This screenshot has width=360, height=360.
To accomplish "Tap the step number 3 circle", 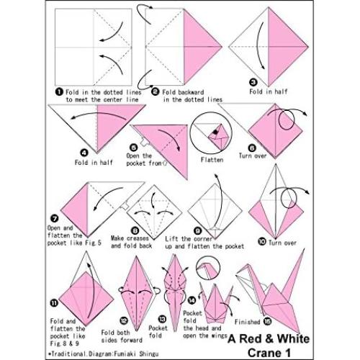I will tap(253, 81).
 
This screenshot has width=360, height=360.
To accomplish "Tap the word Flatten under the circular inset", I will tap(212, 159).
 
